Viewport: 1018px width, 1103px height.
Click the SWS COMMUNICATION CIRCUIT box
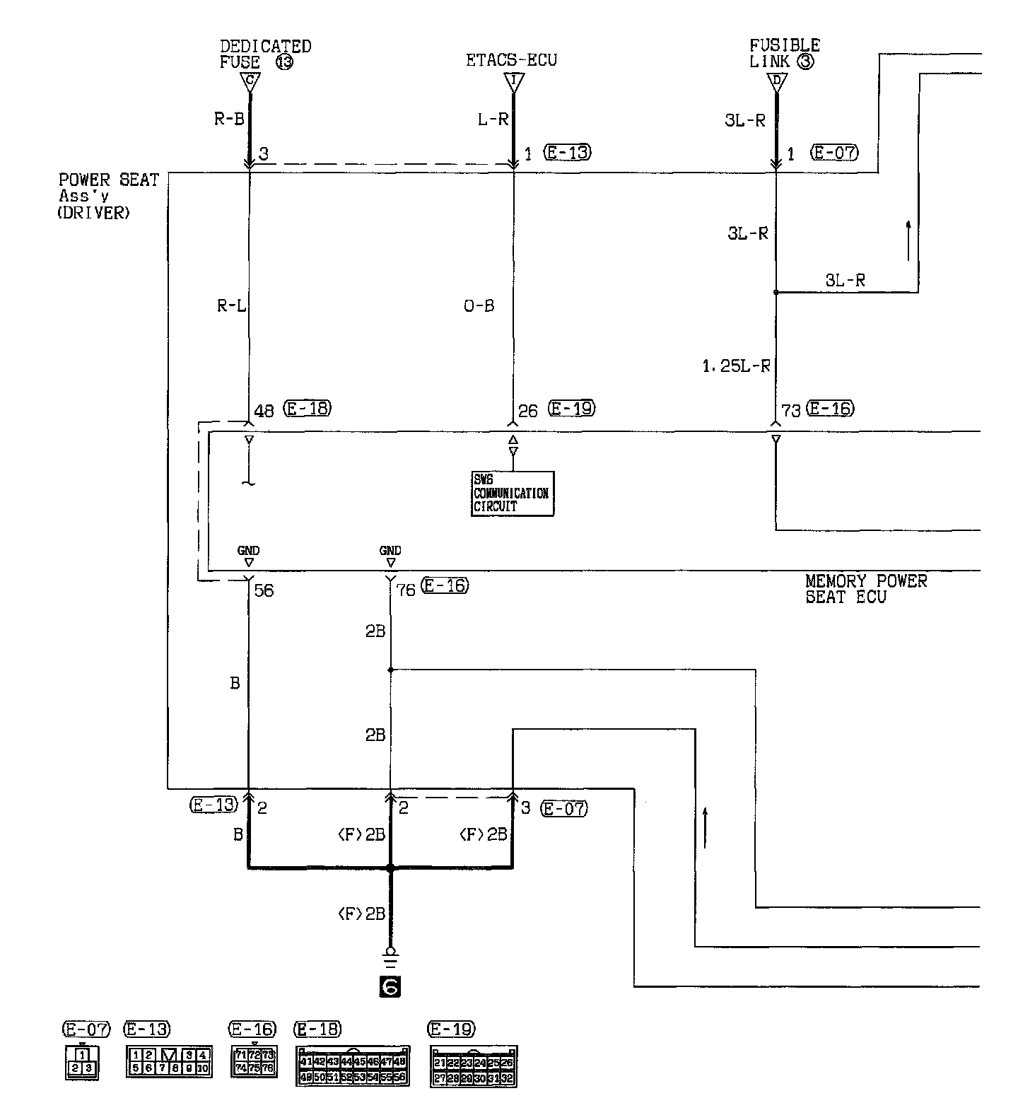coord(512,494)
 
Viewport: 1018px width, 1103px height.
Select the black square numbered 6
coord(390,986)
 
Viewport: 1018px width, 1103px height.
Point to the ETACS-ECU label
coord(511,60)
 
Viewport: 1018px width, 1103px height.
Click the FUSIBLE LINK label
coord(784,53)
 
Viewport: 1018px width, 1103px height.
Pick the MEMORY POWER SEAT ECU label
coord(865,589)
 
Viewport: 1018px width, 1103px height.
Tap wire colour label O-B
coord(479,306)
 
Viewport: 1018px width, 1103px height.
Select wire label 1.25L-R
coord(736,366)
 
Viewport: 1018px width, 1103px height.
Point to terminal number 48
coord(264,411)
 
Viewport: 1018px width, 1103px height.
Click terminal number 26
coord(527,411)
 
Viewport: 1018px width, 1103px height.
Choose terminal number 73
coord(790,411)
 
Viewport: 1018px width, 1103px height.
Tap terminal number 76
coord(405,590)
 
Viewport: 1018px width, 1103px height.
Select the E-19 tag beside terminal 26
coord(571,408)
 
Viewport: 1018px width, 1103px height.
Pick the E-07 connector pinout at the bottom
coord(82,1062)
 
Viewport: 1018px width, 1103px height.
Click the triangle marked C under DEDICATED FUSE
coord(249,81)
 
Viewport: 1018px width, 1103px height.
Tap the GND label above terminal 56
coord(248,551)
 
